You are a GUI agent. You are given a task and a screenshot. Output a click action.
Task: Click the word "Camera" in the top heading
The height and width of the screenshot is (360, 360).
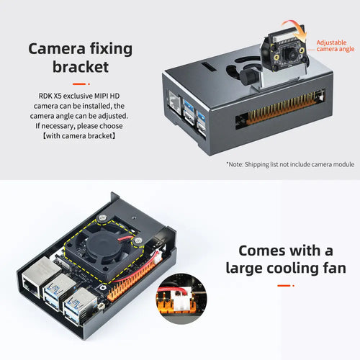[x=57, y=49]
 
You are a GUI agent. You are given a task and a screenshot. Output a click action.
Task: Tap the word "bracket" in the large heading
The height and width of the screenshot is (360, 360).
[x=81, y=67]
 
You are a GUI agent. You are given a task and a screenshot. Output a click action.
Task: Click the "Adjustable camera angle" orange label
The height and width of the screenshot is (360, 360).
[x=336, y=46]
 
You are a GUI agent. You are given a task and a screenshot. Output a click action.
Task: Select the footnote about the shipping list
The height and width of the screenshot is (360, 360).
[x=290, y=164]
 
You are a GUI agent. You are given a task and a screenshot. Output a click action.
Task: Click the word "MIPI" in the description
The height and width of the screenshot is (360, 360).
[x=101, y=96]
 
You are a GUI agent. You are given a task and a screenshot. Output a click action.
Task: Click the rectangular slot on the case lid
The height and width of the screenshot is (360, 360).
[x=208, y=66]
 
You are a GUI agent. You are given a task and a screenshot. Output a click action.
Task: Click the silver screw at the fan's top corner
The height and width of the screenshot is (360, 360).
[x=102, y=219]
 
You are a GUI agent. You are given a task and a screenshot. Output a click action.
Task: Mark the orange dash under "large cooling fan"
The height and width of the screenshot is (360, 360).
[x=286, y=286]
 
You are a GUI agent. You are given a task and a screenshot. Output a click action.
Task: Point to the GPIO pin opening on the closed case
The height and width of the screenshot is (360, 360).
[x=279, y=109]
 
